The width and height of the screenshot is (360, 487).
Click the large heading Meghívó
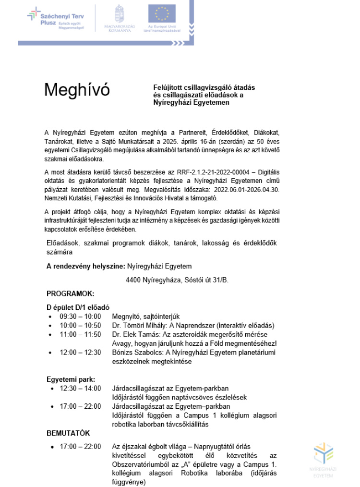(77, 90)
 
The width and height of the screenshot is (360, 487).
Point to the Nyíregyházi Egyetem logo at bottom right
(323, 458)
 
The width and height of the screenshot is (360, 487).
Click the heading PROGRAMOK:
(70, 293)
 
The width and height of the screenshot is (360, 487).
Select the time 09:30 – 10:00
(80, 316)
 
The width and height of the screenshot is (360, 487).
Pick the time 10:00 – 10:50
(80, 325)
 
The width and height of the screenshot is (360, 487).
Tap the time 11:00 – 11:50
(80, 334)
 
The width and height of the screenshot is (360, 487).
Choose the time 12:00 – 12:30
(80, 353)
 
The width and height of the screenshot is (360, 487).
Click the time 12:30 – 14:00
(80, 388)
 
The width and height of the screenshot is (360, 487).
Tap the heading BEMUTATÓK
(68, 433)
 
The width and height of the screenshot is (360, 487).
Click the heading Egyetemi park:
(71, 378)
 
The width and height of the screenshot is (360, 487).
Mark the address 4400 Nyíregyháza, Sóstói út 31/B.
(177, 280)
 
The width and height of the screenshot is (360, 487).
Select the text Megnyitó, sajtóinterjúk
(145, 316)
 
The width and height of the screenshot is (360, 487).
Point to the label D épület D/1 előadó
(78, 307)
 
